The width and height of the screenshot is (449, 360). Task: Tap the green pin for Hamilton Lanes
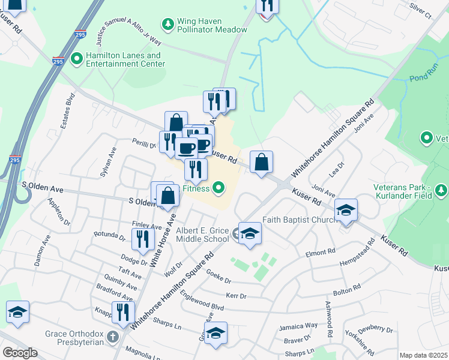[76, 59]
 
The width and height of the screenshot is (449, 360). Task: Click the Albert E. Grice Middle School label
[203, 235]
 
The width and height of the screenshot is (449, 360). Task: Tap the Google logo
[20, 353]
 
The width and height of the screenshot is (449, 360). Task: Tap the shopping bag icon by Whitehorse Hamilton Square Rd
[261, 163]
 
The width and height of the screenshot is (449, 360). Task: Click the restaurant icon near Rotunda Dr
[142, 239]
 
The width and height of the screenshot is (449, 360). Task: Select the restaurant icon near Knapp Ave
[123, 312]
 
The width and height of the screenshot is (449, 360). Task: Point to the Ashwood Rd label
[329, 319]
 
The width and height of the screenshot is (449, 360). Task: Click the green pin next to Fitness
[219, 188]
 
